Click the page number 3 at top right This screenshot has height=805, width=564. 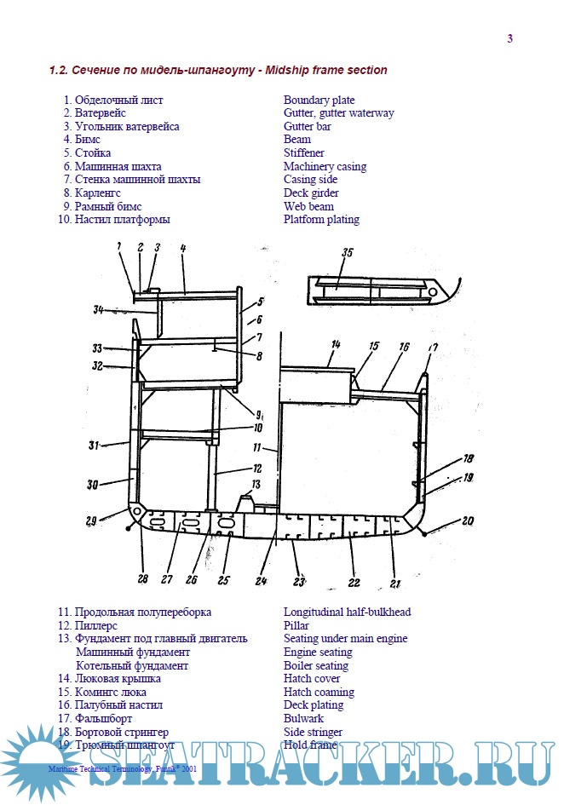point(509,37)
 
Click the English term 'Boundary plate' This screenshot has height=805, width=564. point(319,100)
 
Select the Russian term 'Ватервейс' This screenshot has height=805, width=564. point(101,113)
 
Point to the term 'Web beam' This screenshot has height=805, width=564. point(308,206)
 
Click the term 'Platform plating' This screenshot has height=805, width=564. point(321,219)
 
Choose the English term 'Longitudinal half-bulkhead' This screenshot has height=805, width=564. point(347,612)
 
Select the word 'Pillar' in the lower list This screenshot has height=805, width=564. point(297,625)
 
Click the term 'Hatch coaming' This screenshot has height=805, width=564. point(319,692)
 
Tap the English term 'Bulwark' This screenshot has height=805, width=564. point(303,718)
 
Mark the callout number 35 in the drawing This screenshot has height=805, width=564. point(347,253)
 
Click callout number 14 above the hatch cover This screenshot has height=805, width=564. point(336,344)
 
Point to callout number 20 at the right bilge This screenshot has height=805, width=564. point(468,520)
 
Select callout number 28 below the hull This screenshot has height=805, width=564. point(143,579)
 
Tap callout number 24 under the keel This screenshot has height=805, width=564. point(259,583)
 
